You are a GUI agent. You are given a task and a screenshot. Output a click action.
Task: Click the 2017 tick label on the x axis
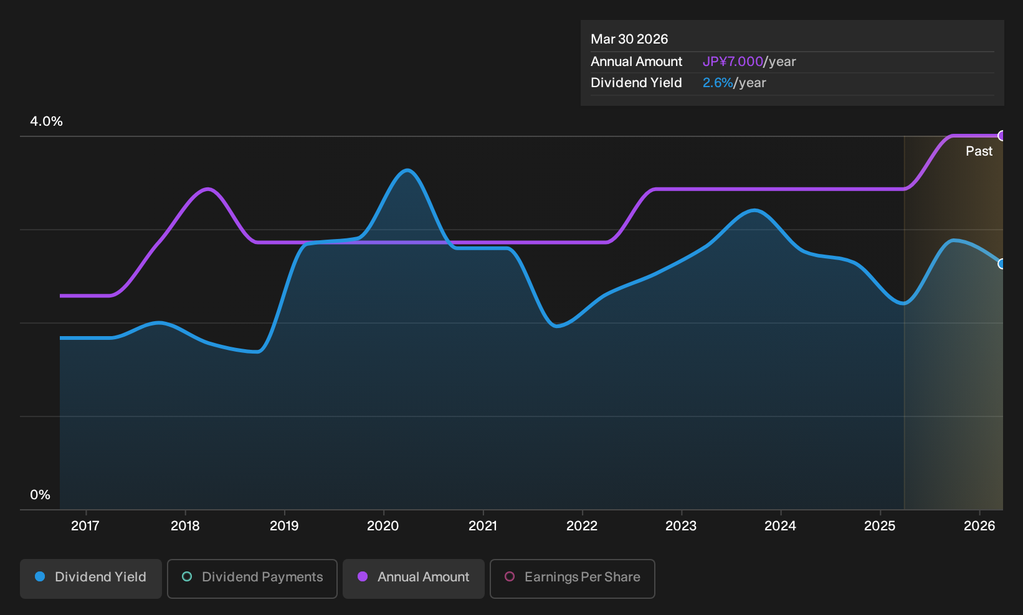(85, 526)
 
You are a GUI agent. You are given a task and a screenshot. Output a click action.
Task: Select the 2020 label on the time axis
(383, 526)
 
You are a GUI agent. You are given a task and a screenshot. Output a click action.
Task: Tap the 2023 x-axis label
(681, 526)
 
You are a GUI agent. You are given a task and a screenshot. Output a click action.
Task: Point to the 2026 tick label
(979, 526)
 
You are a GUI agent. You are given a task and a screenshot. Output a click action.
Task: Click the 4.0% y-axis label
(46, 121)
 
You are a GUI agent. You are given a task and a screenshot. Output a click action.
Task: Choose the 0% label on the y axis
(40, 495)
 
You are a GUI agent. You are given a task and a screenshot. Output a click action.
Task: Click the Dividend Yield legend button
(91, 578)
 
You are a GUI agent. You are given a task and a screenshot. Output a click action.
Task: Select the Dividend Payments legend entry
(252, 578)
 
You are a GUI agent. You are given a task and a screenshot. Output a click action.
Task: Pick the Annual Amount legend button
(413, 578)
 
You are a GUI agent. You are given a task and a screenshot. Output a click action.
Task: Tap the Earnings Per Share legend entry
(572, 578)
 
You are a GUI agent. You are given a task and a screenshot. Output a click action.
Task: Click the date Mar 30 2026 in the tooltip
(629, 39)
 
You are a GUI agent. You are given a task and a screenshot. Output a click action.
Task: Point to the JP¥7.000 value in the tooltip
(733, 62)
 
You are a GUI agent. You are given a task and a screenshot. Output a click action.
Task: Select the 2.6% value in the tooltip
(718, 83)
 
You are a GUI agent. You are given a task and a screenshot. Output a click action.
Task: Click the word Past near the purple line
(979, 151)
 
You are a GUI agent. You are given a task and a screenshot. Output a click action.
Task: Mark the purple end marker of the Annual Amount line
(1001, 136)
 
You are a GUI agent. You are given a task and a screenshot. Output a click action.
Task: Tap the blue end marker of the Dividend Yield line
(1001, 264)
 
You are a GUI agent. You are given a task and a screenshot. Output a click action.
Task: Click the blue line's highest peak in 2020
(407, 171)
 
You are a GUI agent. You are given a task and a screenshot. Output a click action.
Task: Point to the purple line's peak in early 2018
(208, 189)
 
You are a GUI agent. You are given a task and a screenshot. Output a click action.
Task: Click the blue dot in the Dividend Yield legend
(40, 576)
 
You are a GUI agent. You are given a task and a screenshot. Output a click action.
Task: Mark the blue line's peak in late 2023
(754, 210)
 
